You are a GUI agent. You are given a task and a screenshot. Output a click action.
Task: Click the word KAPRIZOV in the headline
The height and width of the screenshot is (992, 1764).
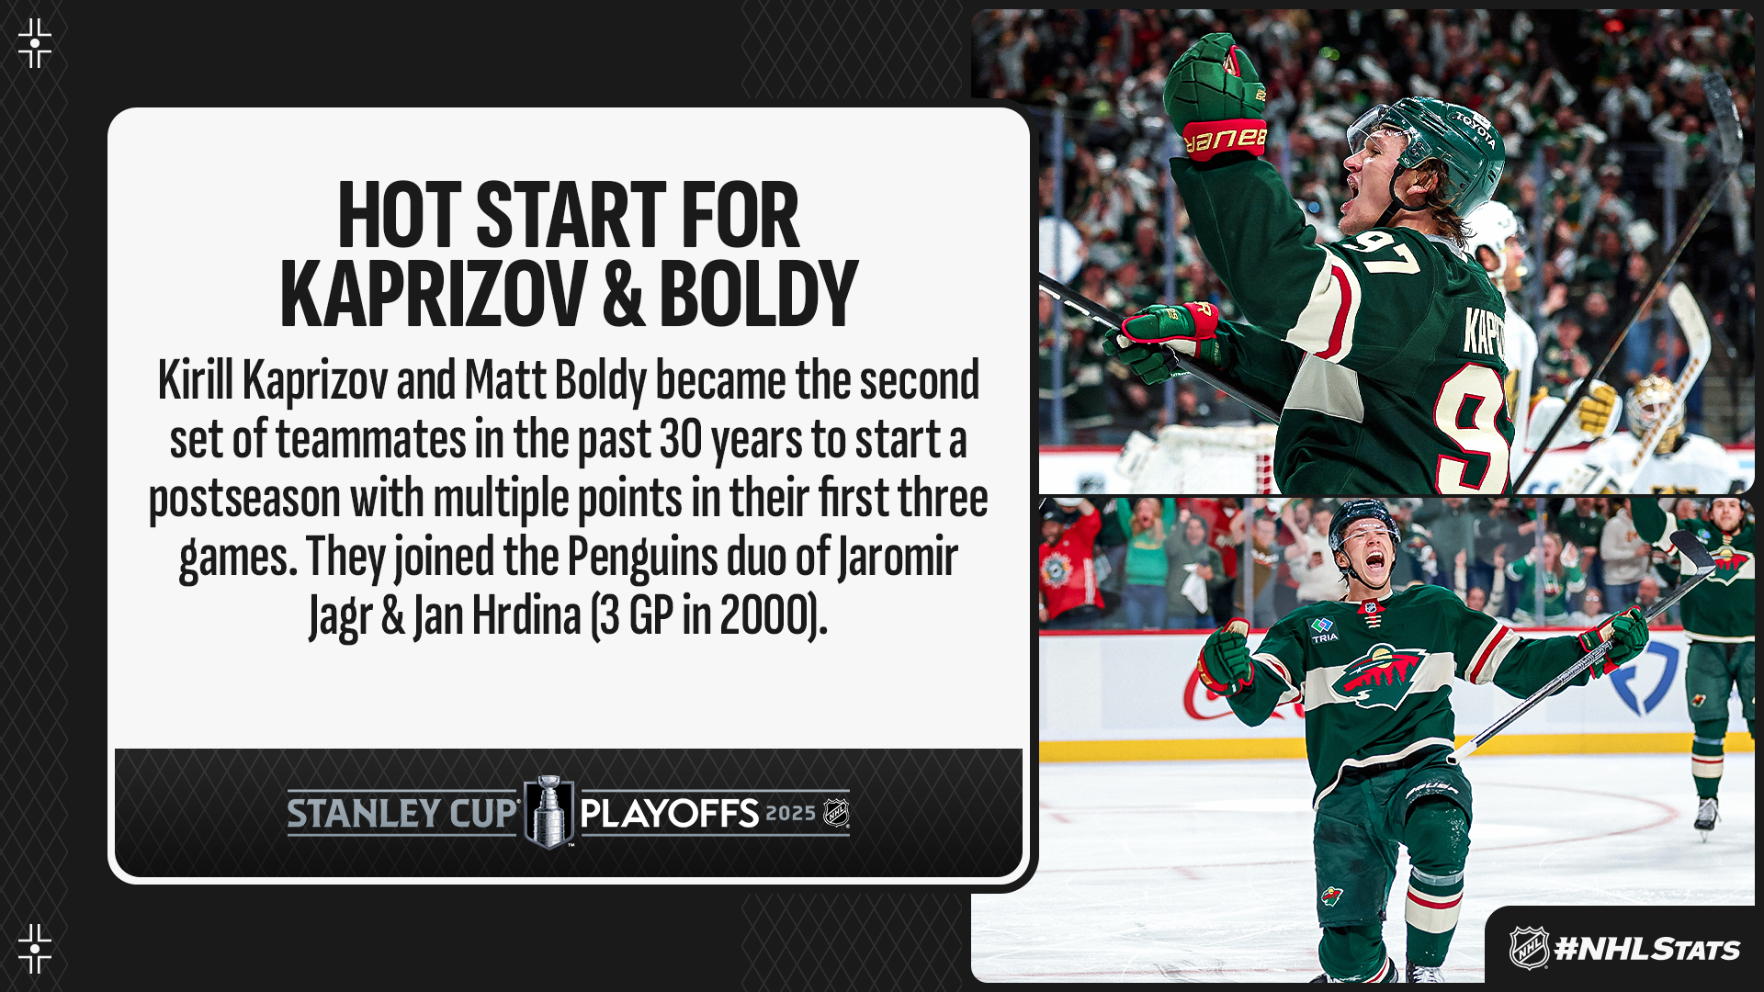pos(434,294)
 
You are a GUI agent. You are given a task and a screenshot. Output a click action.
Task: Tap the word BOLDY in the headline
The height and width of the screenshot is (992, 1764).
pos(758,294)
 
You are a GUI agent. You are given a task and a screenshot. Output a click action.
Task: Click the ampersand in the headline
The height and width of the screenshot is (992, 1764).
pos(624,294)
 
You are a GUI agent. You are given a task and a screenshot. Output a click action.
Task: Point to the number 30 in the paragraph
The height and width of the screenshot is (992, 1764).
pos(681,439)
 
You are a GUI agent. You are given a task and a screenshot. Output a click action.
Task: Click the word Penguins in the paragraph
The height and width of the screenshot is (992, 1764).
pos(642,557)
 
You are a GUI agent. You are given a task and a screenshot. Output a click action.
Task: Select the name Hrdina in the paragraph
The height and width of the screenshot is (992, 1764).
pos(526,615)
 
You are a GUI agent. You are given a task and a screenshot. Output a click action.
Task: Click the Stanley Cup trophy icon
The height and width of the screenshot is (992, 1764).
pos(548,812)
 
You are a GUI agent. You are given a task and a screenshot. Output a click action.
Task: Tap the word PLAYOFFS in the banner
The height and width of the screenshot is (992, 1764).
pos(670,814)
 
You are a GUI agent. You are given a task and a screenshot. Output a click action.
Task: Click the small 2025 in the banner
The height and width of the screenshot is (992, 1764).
pos(790,814)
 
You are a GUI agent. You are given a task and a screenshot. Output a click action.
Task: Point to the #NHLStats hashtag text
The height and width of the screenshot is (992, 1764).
pos(1646,950)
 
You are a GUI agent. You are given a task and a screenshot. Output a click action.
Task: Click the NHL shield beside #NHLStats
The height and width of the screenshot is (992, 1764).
pos(1529,949)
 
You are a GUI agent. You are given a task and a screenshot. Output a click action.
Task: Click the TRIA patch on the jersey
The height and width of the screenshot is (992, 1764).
pos(1323,630)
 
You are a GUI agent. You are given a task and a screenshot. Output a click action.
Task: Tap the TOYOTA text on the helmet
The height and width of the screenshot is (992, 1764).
pos(1474,129)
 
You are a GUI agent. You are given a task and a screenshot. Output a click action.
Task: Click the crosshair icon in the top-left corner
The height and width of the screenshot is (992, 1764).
pos(35,43)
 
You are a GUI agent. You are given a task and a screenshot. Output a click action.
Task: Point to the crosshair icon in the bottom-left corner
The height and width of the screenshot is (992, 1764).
pos(35,949)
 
